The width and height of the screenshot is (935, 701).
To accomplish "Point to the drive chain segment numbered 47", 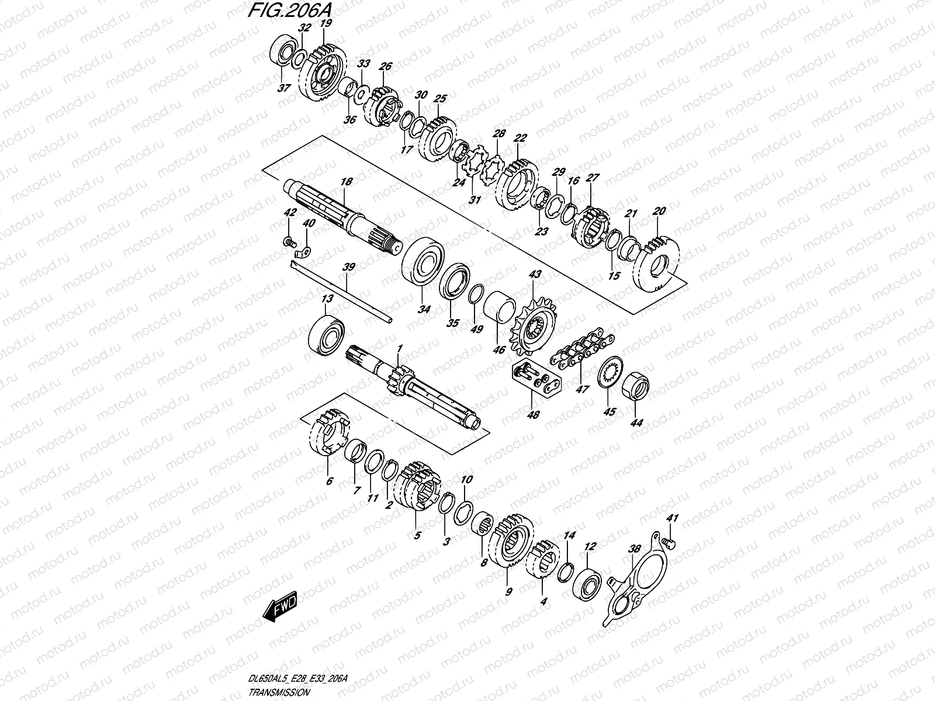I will point(582,351).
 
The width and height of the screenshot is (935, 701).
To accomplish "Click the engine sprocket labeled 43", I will point(533,327).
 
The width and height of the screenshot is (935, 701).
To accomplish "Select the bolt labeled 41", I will point(670,544).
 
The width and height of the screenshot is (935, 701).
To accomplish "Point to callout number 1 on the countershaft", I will point(400,349).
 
